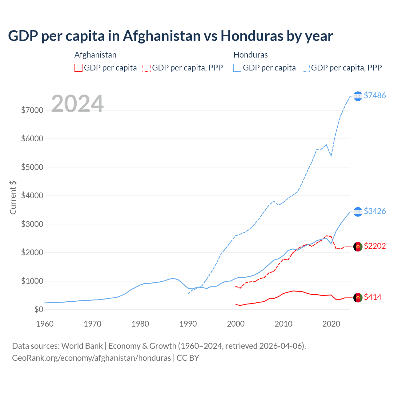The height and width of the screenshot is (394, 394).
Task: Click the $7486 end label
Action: [x=375, y=95]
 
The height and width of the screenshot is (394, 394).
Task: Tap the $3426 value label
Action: [x=375, y=211]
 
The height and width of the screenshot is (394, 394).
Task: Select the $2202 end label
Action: [x=375, y=246]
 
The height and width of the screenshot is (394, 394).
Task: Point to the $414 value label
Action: [x=372, y=297]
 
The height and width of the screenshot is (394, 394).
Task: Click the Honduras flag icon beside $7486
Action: [x=358, y=96]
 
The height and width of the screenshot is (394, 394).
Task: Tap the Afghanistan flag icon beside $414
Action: [x=358, y=298]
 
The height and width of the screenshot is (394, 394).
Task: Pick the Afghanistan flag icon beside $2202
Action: [x=358, y=247]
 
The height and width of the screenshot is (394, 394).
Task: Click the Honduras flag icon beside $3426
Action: [x=358, y=212]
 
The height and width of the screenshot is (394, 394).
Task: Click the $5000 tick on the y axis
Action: [x=32, y=167]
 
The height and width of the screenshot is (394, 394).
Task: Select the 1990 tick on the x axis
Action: [x=188, y=324]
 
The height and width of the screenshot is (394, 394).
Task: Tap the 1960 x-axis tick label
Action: [x=45, y=324]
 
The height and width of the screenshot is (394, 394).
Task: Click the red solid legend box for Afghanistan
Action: [x=78, y=68]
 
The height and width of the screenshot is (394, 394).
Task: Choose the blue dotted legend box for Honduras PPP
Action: [x=306, y=68]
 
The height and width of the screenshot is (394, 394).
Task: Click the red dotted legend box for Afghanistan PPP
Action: [x=147, y=68]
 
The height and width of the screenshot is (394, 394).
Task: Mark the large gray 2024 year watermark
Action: [x=77, y=104]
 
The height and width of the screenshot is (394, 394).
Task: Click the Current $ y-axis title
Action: [x=13, y=198]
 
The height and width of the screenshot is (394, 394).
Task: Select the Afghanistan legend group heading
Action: [x=95, y=55]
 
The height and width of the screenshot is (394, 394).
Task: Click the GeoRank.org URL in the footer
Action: [x=91, y=358]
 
